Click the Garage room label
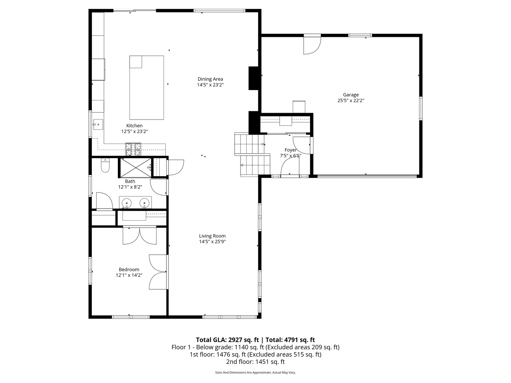tap(351, 95)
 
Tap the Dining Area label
tap(210, 79)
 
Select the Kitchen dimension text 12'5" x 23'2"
tap(134, 131)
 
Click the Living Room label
tap(212, 236)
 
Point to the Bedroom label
tap(129, 270)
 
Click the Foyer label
tap(290, 150)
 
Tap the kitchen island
tap(147, 88)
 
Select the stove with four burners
tap(133, 149)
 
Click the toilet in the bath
tap(105, 166)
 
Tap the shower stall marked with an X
tap(135, 167)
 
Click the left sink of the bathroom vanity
tap(127, 203)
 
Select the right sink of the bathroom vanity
tap(144, 203)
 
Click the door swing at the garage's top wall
tap(312, 45)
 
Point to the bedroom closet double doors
tap(139, 236)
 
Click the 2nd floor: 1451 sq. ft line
tap(255, 362)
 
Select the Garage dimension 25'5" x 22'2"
tap(351, 100)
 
